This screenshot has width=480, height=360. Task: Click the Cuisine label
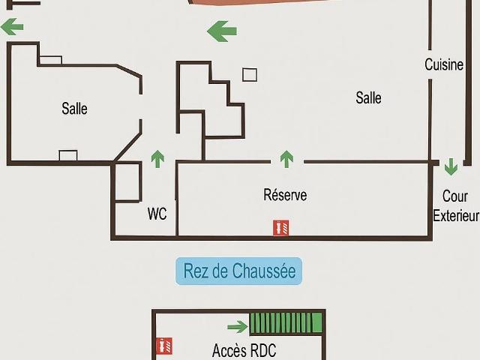pyautogui.click(x=444, y=65)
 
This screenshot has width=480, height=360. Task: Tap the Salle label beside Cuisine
pyautogui.click(x=368, y=98)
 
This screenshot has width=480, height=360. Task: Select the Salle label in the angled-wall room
pyautogui.click(x=74, y=109)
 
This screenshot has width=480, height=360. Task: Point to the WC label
pyautogui.click(x=157, y=214)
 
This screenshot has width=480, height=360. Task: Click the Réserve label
pyautogui.click(x=285, y=195)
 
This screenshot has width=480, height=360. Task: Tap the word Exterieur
pyautogui.click(x=456, y=216)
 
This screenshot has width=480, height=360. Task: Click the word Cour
pyautogui.click(x=455, y=196)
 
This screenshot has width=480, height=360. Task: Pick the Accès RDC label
pyautogui.click(x=244, y=350)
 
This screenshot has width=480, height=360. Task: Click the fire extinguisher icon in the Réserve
pyautogui.click(x=280, y=228)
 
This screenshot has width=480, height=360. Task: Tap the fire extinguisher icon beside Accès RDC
pyautogui.click(x=164, y=346)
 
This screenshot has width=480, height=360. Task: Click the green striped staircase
pyautogui.click(x=286, y=322)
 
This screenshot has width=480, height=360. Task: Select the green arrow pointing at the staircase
pyautogui.click(x=238, y=327)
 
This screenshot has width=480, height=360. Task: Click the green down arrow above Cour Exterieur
pyautogui.click(x=451, y=166)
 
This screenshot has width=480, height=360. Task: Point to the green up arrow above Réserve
pyautogui.click(x=286, y=159)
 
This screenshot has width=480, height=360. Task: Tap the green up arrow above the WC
pyautogui.click(x=157, y=159)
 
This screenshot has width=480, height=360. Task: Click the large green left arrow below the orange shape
pyautogui.click(x=222, y=31)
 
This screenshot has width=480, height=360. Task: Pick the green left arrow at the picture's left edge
pyautogui.click(x=12, y=27)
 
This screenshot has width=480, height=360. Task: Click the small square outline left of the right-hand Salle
pyautogui.click(x=250, y=75)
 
